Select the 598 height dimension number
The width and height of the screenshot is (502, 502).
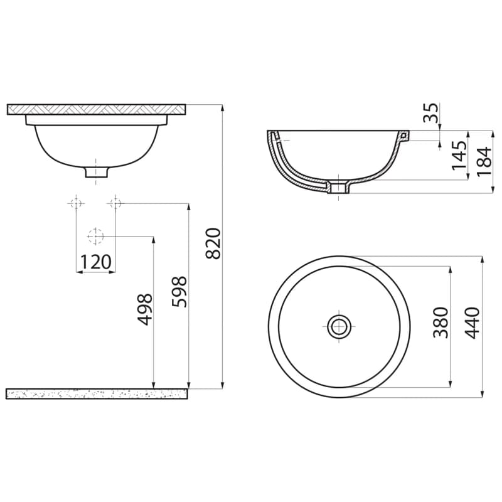(179, 292)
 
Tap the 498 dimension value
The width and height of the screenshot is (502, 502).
(145, 309)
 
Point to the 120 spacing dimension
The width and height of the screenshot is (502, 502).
(95, 262)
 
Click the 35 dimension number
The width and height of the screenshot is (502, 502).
(430, 113)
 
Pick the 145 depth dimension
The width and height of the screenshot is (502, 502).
(459, 155)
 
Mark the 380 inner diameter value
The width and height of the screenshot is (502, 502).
(441, 323)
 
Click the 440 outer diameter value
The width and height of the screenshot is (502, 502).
(472, 323)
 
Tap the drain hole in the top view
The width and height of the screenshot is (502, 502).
(339, 326)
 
